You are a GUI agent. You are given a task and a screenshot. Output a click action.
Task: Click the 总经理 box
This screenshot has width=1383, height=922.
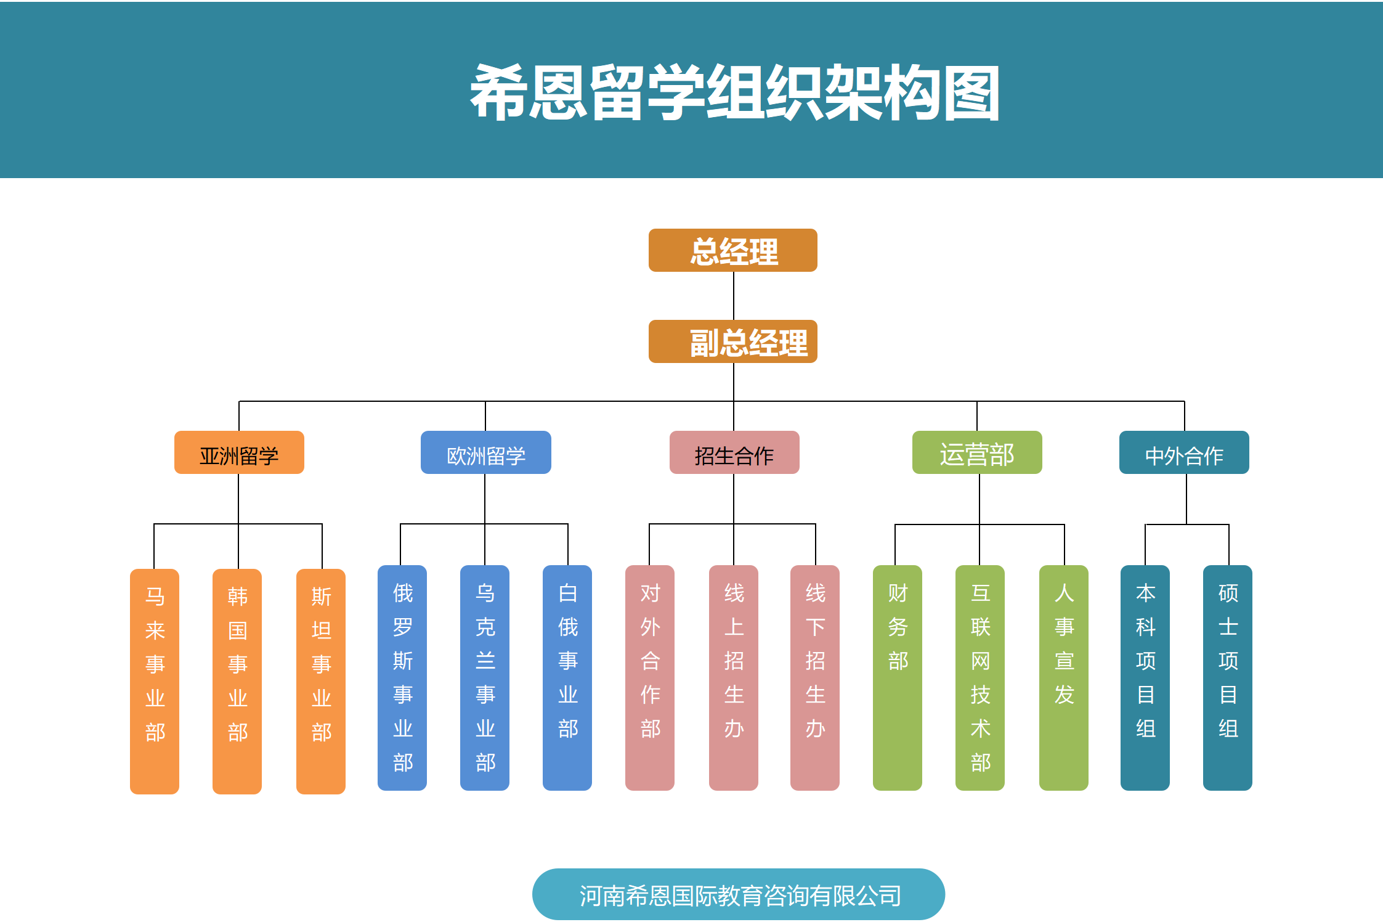(732, 250)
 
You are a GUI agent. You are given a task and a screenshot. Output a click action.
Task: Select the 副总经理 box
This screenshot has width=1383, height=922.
(732, 341)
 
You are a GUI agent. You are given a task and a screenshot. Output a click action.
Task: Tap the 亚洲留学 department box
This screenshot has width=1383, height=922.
(239, 452)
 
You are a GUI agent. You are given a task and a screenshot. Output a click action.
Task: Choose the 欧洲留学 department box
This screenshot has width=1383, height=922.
(485, 452)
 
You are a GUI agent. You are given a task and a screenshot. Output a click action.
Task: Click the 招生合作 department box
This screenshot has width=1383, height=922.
(734, 452)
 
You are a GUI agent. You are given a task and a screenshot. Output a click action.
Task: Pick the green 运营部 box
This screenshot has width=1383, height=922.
(976, 452)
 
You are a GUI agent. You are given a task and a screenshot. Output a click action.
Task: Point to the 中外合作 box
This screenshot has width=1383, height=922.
(1183, 452)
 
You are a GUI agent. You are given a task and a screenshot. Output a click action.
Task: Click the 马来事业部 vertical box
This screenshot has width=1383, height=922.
(155, 681)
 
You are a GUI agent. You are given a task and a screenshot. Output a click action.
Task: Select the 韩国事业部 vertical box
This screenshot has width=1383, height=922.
(237, 681)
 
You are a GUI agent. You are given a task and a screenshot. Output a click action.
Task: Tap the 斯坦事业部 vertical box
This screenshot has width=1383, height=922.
(321, 681)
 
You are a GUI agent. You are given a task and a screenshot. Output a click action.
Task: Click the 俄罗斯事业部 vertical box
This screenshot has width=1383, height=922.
(402, 678)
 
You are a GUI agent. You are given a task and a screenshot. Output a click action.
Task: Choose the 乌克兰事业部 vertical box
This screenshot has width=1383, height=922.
(485, 678)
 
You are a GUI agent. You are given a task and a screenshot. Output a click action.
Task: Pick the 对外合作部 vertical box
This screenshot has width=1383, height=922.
(650, 678)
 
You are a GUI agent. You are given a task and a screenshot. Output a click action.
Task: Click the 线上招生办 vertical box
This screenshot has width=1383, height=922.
(734, 678)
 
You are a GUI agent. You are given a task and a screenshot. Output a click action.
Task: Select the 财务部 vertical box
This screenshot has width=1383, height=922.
(898, 678)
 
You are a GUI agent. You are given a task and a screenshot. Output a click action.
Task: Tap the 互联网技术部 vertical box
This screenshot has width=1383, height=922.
(980, 678)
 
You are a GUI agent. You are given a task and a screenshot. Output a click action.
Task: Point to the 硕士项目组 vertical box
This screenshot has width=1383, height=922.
(1228, 678)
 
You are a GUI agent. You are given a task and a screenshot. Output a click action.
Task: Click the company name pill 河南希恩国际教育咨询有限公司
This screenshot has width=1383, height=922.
(738, 894)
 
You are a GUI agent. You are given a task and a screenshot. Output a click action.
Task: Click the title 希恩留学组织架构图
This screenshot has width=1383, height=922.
(734, 92)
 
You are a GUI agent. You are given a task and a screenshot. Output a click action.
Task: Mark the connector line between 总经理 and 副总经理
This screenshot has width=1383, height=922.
(734, 296)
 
